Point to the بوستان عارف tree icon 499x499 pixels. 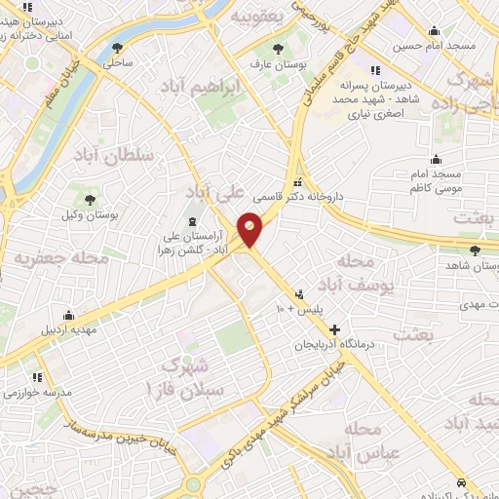point(280,49)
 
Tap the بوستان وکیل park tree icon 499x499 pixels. point(90,198)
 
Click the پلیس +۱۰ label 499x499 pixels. point(295,310)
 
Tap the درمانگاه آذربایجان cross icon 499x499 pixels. point(335,330)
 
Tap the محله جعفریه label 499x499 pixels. point(45,257)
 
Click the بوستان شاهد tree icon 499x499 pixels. point(475,249)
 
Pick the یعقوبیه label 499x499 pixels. point(259,17)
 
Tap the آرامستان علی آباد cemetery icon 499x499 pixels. point(191,222)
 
